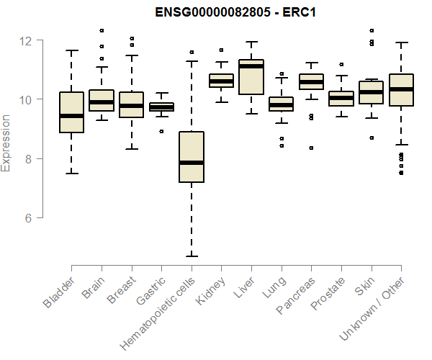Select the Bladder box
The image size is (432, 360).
click(71, 112)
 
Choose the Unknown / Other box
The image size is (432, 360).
click(401, 90)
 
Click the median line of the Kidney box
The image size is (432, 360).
click(221, 81)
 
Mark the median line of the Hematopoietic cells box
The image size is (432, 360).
click(192, 163)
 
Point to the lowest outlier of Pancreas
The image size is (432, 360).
click(311, 148)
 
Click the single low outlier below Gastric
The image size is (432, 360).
click(161, 131)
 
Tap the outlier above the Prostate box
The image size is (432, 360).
click(341, 64)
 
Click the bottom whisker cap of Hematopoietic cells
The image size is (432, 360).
click(192, 256)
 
